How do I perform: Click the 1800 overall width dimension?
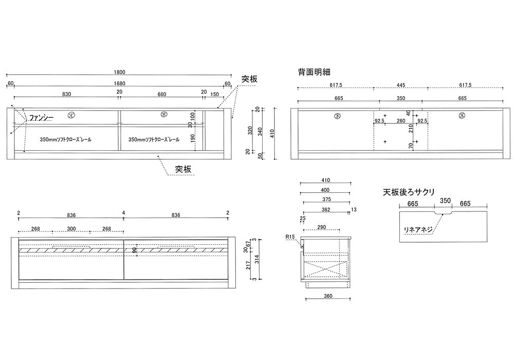pos(120,72)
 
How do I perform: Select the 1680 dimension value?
pos(120,83)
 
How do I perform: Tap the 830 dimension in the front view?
pos(66,94)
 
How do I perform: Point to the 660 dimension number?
pos(162,94)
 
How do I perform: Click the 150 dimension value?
pos(214,94)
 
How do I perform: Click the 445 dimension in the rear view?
pos(401,85)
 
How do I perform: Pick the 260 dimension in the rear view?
pos(401,121)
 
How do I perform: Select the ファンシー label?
pos(41,118)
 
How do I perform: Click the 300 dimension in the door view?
pos(71,229)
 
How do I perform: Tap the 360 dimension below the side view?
pos(328,296)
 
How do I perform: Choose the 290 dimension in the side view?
pos(322,227)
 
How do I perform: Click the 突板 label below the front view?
pos(183,168)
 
